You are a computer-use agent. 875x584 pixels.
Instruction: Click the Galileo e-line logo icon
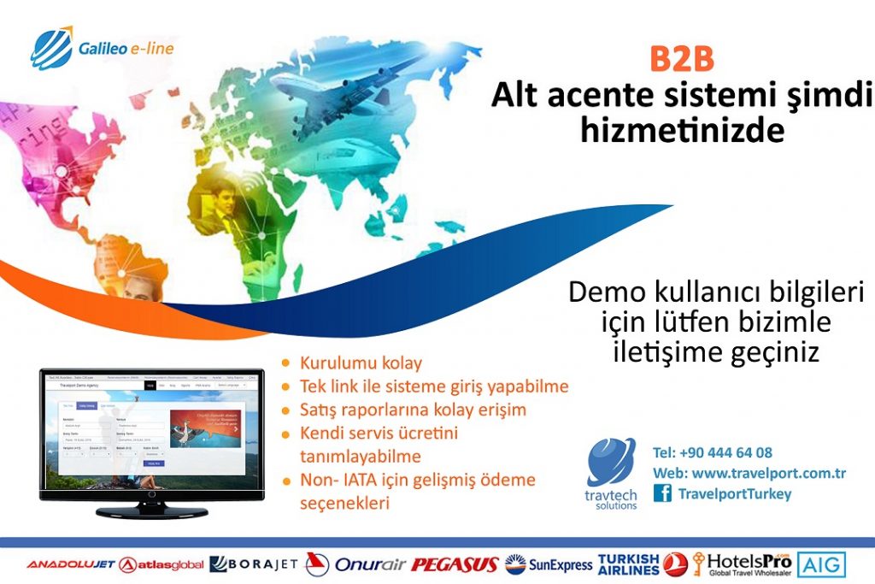[x=52, y=47]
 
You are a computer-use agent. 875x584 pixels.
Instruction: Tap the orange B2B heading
[x=681, y=61]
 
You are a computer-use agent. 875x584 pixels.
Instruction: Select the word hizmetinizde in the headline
[x=681, y=131]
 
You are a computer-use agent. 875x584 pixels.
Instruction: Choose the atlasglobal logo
[x=162, y=564]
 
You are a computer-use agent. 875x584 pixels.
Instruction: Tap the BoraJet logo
[x=254, y=564]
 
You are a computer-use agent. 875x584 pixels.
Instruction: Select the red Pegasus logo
[x=455, y=564]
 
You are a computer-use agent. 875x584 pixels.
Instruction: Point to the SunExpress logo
[x=549, y=564]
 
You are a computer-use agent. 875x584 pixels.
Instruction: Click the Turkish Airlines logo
[x=642, y=563]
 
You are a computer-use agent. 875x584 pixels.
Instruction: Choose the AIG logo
[x=822, y=564]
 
